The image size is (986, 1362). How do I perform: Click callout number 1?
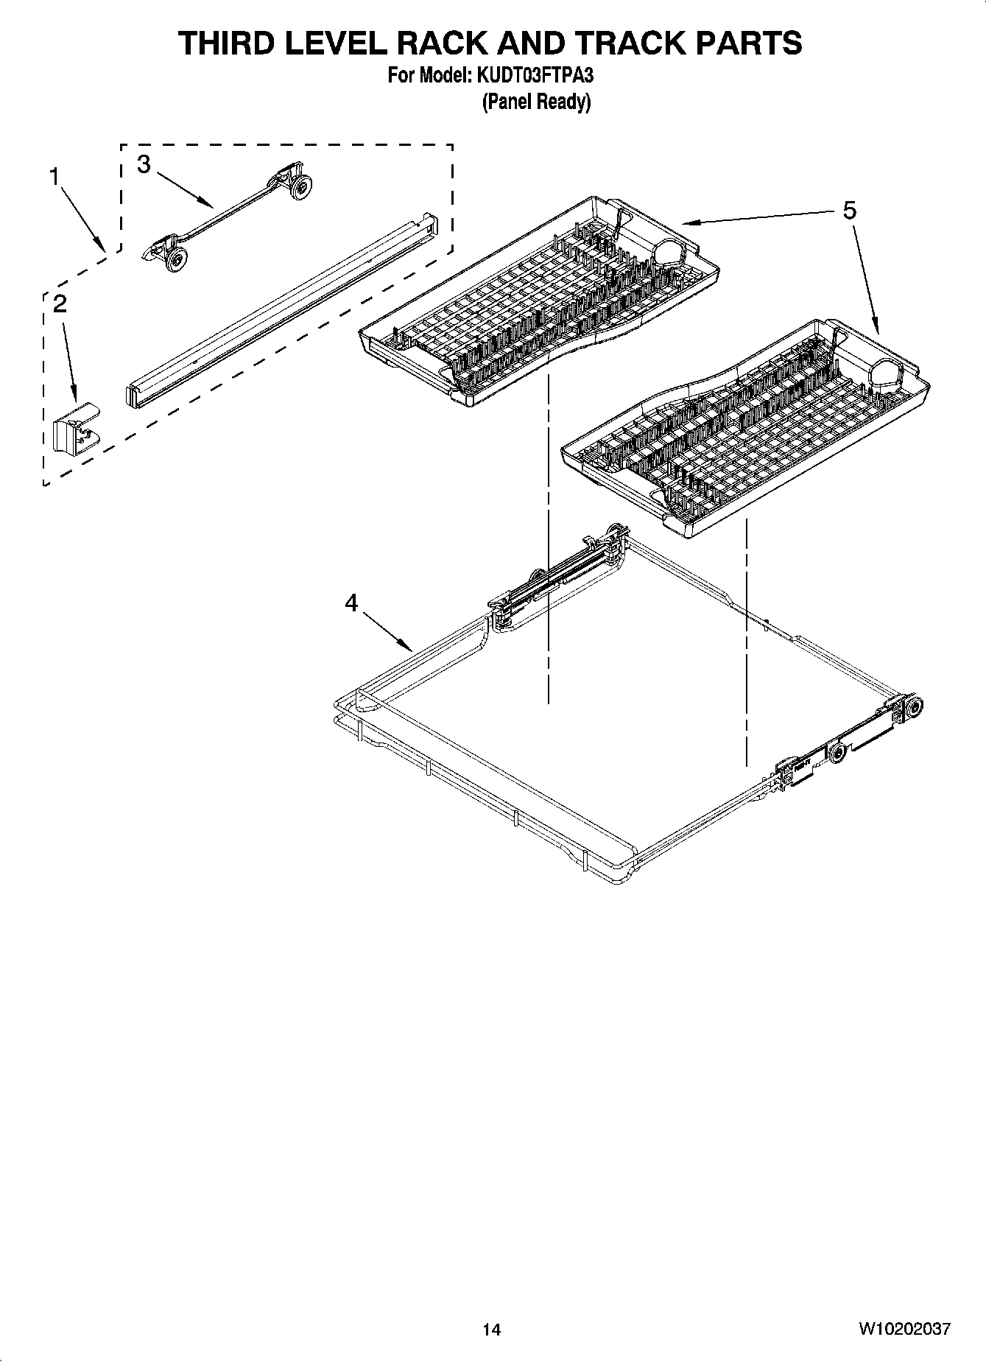click(54, 177)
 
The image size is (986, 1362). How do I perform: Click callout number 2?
click(60, 303)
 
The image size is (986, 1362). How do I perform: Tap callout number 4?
click(351, 603)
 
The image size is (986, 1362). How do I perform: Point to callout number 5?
click(849, 211)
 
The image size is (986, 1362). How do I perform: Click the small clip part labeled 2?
click(76, 429)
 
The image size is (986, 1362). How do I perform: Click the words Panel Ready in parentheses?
click(536, 102)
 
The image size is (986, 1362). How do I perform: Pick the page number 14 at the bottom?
click(492, 1330)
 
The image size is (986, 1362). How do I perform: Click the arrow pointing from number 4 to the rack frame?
click(387, 634)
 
